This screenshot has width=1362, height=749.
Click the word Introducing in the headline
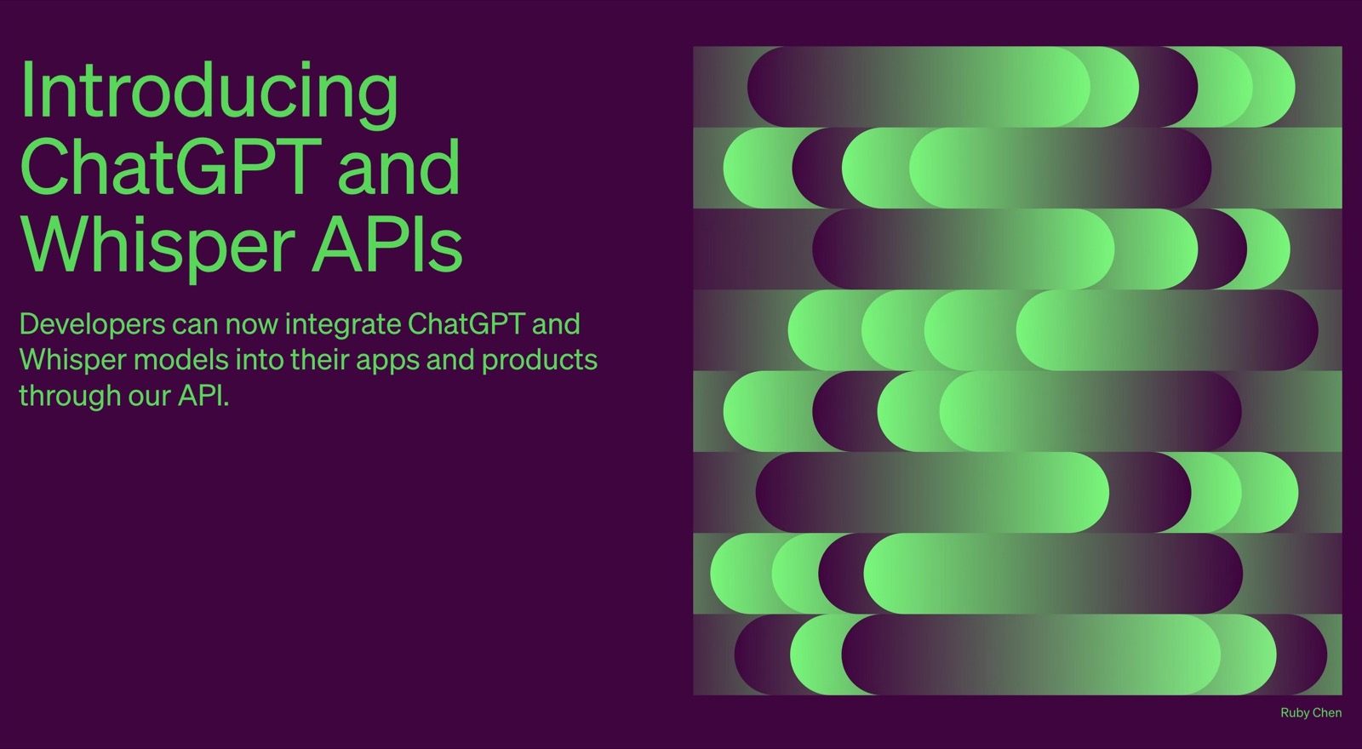(209, 94)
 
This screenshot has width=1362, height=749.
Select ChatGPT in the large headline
(171, 166)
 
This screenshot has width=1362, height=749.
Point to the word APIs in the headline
(387, 243)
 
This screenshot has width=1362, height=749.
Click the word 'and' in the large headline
(399, 165)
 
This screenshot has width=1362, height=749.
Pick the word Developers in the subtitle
(93, 325)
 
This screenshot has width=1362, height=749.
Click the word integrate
(343, 325)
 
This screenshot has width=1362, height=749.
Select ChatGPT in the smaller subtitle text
(466, 323)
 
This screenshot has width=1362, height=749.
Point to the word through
(70, 397)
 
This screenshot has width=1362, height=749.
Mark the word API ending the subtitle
(203, 396)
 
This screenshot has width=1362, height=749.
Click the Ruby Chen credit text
(1311, 712)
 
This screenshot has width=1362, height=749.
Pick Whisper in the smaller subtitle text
(73, 361)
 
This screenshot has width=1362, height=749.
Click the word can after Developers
(196, 326)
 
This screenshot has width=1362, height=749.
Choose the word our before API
(150, 397)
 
